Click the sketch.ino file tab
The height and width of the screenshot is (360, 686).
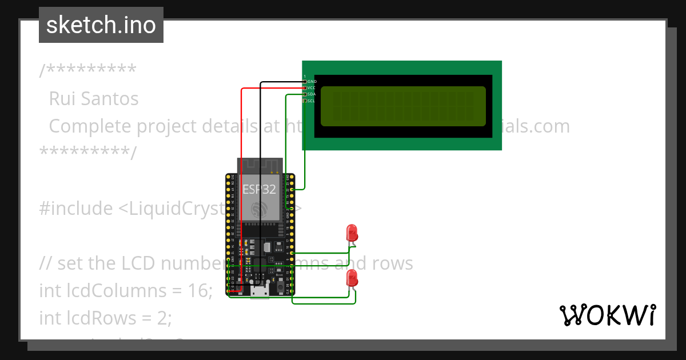(101, 25)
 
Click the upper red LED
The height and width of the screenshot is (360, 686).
(352, 233)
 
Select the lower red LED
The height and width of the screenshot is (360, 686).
(352, 279)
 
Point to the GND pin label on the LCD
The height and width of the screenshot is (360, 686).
(312, 82)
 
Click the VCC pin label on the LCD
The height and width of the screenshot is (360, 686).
(312, 88)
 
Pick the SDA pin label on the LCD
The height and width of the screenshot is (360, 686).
(312, 94)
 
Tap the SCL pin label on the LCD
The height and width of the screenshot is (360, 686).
(312, 101)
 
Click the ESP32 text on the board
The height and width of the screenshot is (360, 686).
(260, 189)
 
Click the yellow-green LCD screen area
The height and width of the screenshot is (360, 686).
(403, 106)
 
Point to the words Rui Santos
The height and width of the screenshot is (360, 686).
(94, 99)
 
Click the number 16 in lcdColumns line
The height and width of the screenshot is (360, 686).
(200, 290)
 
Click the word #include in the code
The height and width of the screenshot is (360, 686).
(76, 209)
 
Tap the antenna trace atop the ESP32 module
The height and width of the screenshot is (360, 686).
(260, 166)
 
